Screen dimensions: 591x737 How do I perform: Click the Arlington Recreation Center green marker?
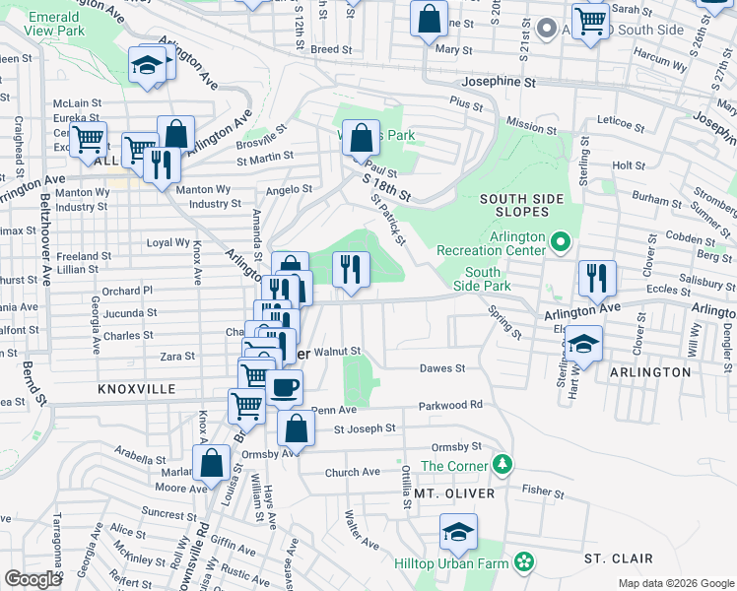[561, 240]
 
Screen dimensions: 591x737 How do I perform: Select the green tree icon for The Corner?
[502, 463]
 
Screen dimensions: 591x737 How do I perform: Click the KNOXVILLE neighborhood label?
[136, 389]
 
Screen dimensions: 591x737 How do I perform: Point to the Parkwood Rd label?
[450, 405]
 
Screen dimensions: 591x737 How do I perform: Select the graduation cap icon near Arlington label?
[583, 344]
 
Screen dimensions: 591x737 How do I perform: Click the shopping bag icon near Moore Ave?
[211, 463]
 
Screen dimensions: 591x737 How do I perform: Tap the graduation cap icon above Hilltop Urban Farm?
[458, 532]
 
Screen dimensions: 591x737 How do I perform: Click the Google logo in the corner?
[33, 579]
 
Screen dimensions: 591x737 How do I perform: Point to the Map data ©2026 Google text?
[675, 583]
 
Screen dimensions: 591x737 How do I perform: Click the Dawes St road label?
[441, 368]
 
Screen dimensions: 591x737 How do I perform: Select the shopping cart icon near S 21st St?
[590, 21]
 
